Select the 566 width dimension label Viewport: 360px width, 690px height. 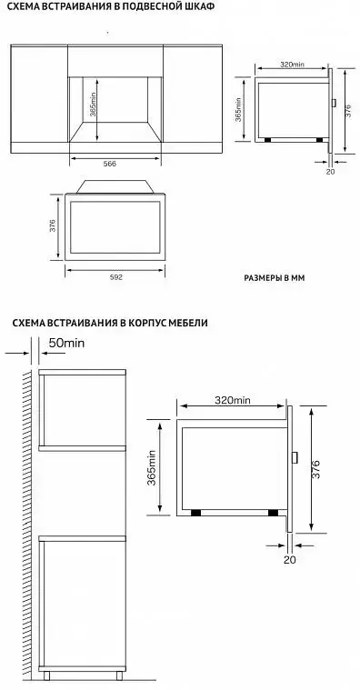click(x=110, y=164)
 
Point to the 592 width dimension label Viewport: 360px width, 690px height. click(x=115, y=277)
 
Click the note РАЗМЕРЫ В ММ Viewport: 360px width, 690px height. click(x=275, y=278)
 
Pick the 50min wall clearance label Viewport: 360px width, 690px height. click(x=66, y=344)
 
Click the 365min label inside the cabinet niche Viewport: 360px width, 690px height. click(x=93, y=104)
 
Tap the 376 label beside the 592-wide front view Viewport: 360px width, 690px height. click(x=52, y=226)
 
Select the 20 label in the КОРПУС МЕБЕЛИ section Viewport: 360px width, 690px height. click(x=290, y=560)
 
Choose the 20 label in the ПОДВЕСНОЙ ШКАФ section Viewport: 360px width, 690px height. click(x=330, y=172)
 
